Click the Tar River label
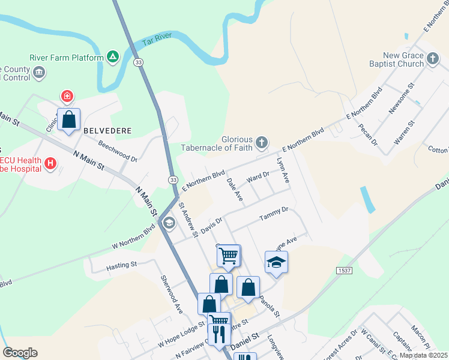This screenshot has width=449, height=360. tap(157, 40)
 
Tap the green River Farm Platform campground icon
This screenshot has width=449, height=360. tap(112, 57)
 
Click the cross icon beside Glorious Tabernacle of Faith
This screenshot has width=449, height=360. tap(261, 143)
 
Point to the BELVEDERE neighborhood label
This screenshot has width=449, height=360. tap(107, 130)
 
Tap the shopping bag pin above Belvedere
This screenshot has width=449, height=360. tap(69, 119)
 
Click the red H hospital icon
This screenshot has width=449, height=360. tap(50, 163)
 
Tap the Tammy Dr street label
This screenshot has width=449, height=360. tap(274, 214)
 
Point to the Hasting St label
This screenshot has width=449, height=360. tap(122, 265)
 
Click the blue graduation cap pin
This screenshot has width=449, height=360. tap(276, 262)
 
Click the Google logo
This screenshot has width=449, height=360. tap(20, 353)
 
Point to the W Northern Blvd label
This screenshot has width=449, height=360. tap(133, 239)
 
